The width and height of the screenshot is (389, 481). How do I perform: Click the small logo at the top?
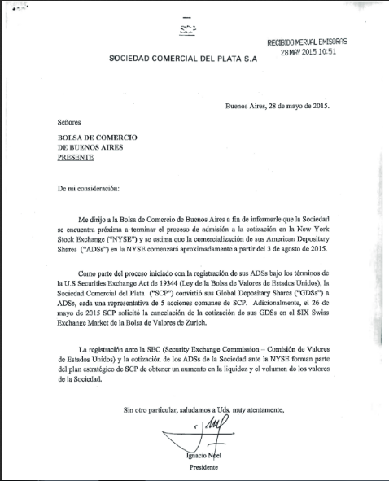(x=188, y=30)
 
